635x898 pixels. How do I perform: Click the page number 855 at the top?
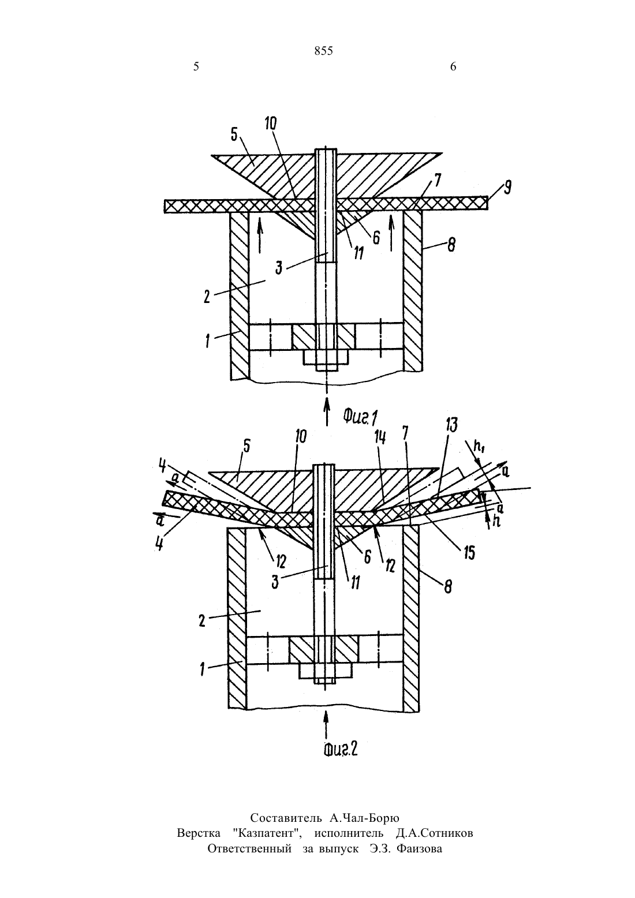(x=323, y=51)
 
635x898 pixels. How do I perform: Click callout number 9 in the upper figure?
(x=507, y=188)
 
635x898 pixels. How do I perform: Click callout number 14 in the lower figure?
(x=380, y=437)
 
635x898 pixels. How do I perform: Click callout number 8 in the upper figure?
(x=451, y=245)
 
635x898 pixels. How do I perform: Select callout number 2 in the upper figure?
(x=207, y=297)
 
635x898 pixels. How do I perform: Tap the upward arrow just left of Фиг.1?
(x=327, y=411)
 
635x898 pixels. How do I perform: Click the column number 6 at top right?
(x=453, y=66)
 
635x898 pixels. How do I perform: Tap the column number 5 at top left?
(x=196, y=66)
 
